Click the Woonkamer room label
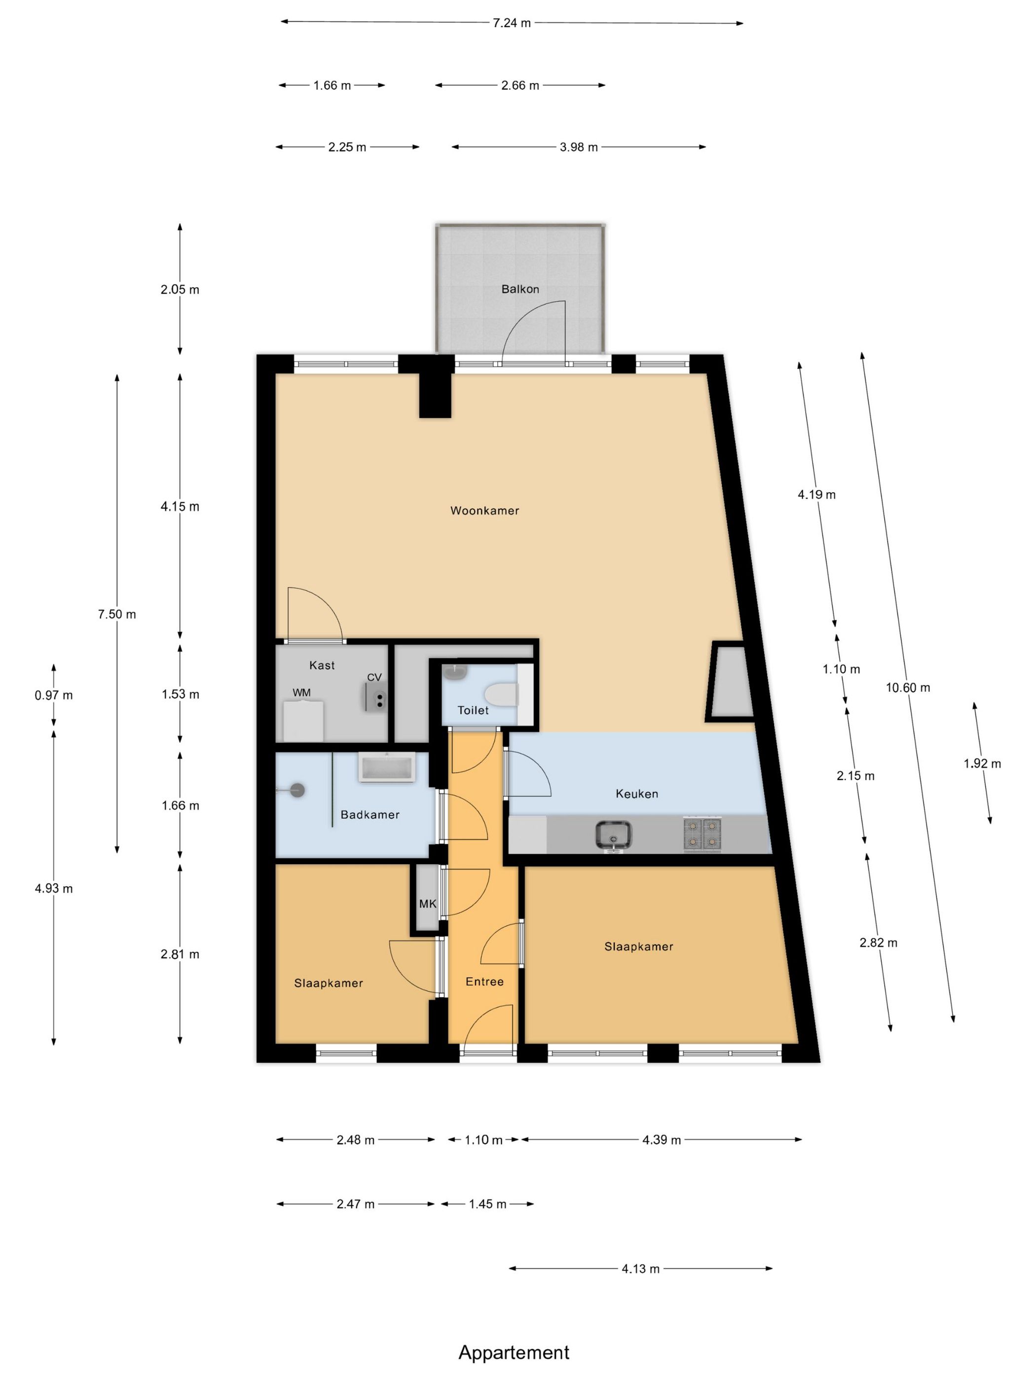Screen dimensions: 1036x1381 (484, 510)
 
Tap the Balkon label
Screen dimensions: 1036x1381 (520, 289)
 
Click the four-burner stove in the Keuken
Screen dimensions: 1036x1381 (703, 834)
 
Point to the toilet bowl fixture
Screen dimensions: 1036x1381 (501, 693)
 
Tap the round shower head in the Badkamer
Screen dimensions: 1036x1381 (298, 791)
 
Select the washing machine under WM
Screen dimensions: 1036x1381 (303, 721)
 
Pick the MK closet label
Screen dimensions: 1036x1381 (428, 904)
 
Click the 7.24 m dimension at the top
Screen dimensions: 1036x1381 (512, 23)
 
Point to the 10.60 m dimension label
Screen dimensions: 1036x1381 (908, 688)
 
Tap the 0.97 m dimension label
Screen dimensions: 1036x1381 (54, 695)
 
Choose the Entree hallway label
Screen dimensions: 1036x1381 (484, 981)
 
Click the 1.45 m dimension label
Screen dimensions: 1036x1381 (488, 1204)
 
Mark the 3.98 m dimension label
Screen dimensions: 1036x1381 (579, 147)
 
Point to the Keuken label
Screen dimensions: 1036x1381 (637, 794)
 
